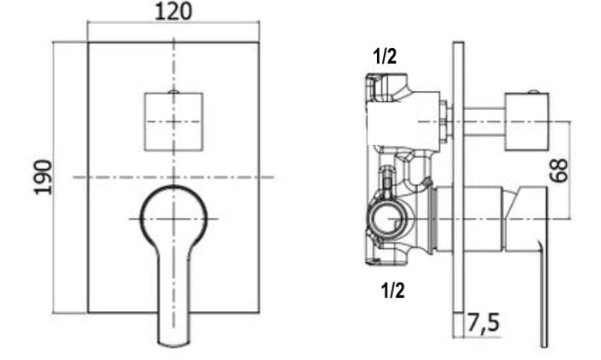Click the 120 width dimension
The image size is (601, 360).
[x=174, y=12]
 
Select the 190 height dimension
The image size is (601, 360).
[x=44, y=176]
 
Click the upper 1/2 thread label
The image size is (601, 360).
[x=385, y=58]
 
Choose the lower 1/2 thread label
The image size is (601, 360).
[x=392, y=290]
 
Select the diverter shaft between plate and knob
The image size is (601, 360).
[x=487, y=121]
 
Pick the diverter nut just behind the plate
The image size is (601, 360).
[x=445, y=121]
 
